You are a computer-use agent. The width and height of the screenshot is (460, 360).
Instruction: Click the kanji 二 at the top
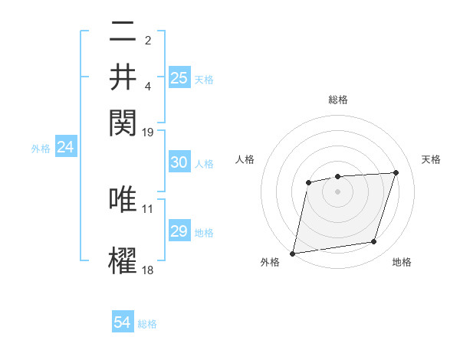[x=123, y=33]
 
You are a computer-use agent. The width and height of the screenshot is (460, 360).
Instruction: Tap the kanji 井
[x=123, y=77]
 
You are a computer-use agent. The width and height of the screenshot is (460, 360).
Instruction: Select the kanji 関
[x=123, y=120]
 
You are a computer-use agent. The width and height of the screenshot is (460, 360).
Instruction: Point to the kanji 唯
[x=123, y=199]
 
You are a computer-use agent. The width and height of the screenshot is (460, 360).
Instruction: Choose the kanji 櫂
[x=123, y=260]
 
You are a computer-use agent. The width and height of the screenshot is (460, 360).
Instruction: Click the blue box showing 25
[x=179, y=78]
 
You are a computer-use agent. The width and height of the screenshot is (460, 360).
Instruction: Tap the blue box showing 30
[x=179, y=162]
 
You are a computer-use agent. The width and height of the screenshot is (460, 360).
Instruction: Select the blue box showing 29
[x=179, y=231]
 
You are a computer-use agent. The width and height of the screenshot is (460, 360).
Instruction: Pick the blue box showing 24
[x=65, y=148]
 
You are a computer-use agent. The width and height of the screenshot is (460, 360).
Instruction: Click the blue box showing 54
[x=123, y=322]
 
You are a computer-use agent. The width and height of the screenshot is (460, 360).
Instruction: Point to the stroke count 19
[x=148, y=133]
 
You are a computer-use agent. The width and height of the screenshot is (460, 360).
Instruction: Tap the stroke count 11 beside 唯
[x=148, y=208]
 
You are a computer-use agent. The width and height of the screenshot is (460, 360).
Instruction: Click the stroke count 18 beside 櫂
[x=148, y=270]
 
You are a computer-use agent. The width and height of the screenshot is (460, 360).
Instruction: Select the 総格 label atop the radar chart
[x=337, y=100]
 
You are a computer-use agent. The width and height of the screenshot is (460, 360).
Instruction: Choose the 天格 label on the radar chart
[x=431, y=159]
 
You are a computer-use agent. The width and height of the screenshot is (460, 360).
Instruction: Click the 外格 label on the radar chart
[x=270, y=262]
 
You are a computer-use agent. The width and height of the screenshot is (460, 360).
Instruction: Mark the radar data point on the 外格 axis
[x=293, y=253]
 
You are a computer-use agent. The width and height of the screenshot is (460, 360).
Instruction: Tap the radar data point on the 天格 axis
[x=396, y=173]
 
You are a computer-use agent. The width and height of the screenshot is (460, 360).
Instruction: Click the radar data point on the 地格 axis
[x=374, y=242]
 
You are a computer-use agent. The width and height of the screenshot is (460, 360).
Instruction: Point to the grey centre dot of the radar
[x=337, y=191]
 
